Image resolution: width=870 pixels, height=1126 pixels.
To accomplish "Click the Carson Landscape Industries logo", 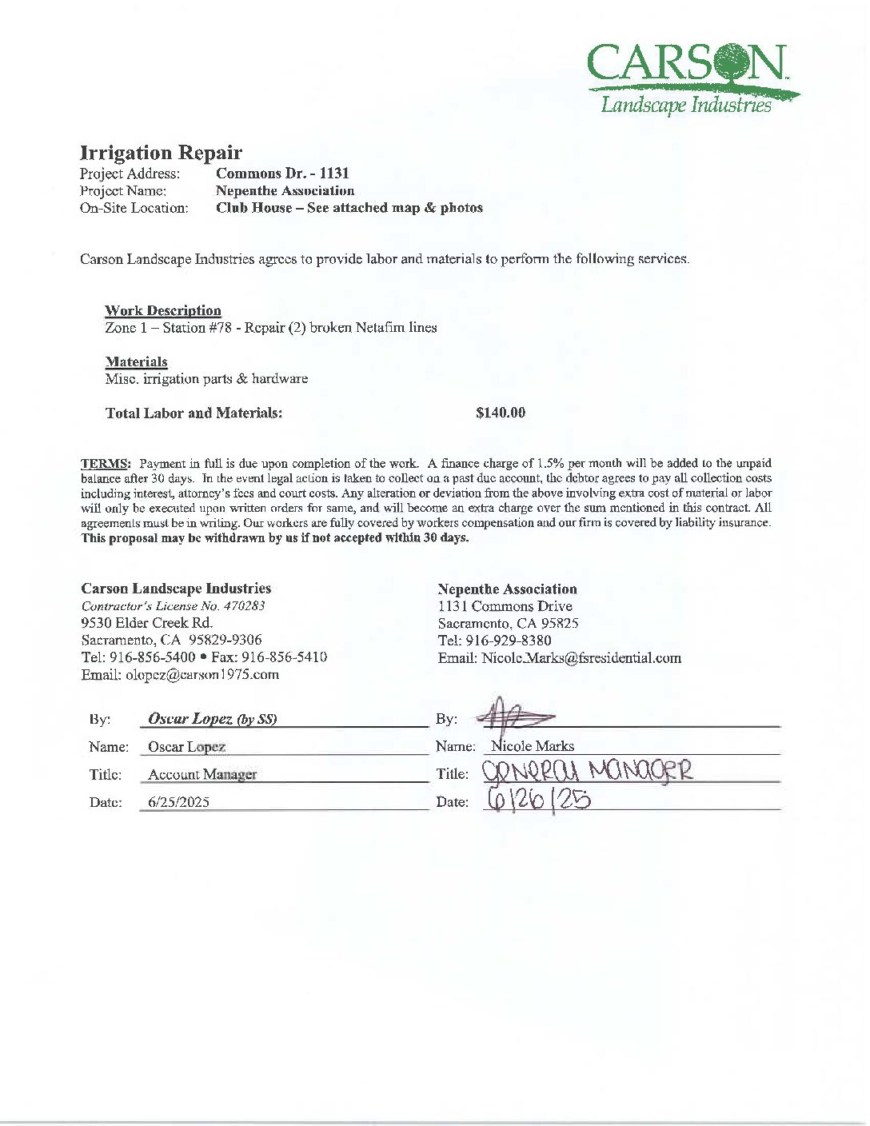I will coord(692,78).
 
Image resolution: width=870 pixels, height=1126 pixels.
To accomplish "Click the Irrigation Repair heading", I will coord(161,153).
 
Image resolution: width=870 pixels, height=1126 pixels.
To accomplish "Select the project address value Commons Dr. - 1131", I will coord(282,174).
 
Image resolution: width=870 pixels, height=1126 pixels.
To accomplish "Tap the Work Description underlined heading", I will coord(163,310).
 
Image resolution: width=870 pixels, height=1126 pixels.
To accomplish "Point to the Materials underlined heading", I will coord(136,361).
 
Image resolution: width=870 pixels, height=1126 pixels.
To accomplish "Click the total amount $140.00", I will coord(501,413).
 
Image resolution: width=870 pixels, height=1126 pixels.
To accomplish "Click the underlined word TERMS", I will coord(106,464).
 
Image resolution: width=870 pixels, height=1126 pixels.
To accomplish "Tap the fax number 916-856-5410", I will coord(284,657).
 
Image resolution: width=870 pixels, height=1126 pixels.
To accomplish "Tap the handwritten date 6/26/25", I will coord(537,799).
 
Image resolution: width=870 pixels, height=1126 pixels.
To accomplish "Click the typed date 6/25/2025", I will coord(178,802).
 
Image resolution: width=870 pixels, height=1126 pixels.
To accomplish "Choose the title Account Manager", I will coord(202,774).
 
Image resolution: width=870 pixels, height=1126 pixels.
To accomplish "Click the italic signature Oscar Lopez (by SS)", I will coord(213,719).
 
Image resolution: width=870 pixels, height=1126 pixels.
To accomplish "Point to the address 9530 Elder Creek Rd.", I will coord(147,623).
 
